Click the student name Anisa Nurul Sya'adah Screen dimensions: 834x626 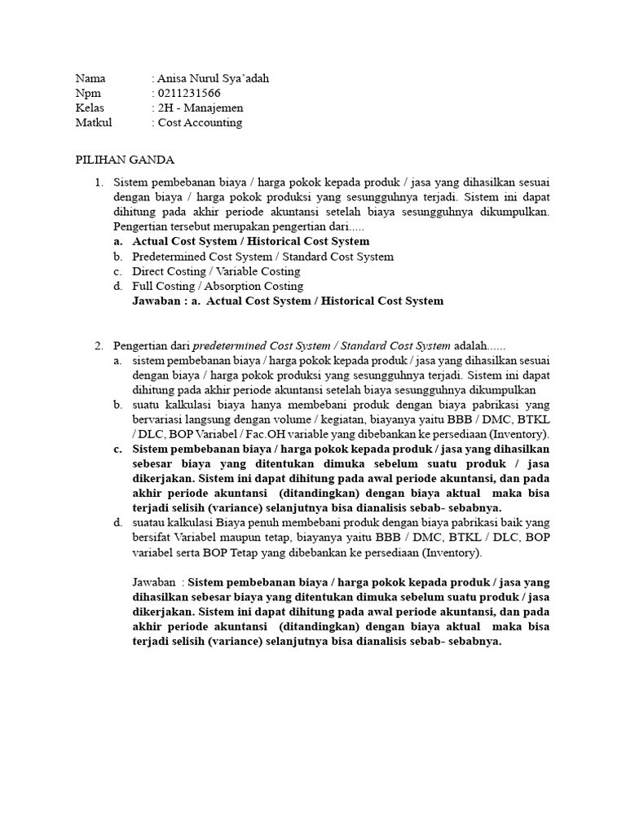[212, 78]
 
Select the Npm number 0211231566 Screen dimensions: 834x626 [189, 93]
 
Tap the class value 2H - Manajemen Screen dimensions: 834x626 [200, 108]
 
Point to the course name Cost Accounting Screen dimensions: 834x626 [200, 122]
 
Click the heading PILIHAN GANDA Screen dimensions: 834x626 [125, 160]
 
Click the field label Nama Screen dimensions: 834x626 [90, 78]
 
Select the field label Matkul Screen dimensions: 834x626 [93, 122]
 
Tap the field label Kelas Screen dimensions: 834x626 [90, 108]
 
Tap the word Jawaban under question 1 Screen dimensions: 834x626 [155, 301]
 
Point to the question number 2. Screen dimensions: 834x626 [99, 346]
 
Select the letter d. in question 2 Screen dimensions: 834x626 [118, 523]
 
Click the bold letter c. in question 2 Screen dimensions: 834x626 [118, 450]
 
